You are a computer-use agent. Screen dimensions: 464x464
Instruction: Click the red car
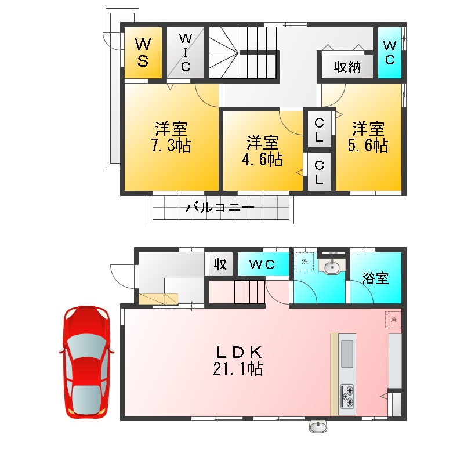86,362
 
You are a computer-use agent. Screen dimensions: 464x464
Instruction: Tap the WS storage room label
143,52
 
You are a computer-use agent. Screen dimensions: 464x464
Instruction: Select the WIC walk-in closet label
186,52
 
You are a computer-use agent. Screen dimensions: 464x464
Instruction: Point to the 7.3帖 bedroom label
171,137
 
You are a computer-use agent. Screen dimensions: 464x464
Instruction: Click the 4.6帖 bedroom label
262,151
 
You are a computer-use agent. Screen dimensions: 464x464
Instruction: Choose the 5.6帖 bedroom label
368,137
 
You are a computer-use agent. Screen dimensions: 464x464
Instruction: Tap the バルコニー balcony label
220,208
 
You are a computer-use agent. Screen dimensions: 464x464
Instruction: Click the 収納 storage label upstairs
347,67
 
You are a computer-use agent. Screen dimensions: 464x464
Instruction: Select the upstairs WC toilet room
390,53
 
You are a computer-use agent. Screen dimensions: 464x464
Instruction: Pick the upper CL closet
320,129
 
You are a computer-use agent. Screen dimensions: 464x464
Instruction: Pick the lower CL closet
320,172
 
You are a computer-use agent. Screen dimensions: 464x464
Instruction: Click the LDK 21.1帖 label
238,360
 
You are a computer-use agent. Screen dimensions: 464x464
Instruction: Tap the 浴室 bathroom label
375,278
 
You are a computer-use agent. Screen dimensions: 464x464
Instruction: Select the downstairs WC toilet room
263,264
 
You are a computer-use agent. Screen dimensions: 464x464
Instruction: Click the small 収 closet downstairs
220,264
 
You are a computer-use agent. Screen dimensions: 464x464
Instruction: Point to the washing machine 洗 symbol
305,262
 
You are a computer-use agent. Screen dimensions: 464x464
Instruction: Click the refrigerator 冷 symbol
393,320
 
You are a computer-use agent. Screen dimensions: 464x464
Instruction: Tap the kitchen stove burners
347,396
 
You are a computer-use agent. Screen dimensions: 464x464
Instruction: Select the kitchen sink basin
347,354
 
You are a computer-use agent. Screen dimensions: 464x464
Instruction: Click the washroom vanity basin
332,267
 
